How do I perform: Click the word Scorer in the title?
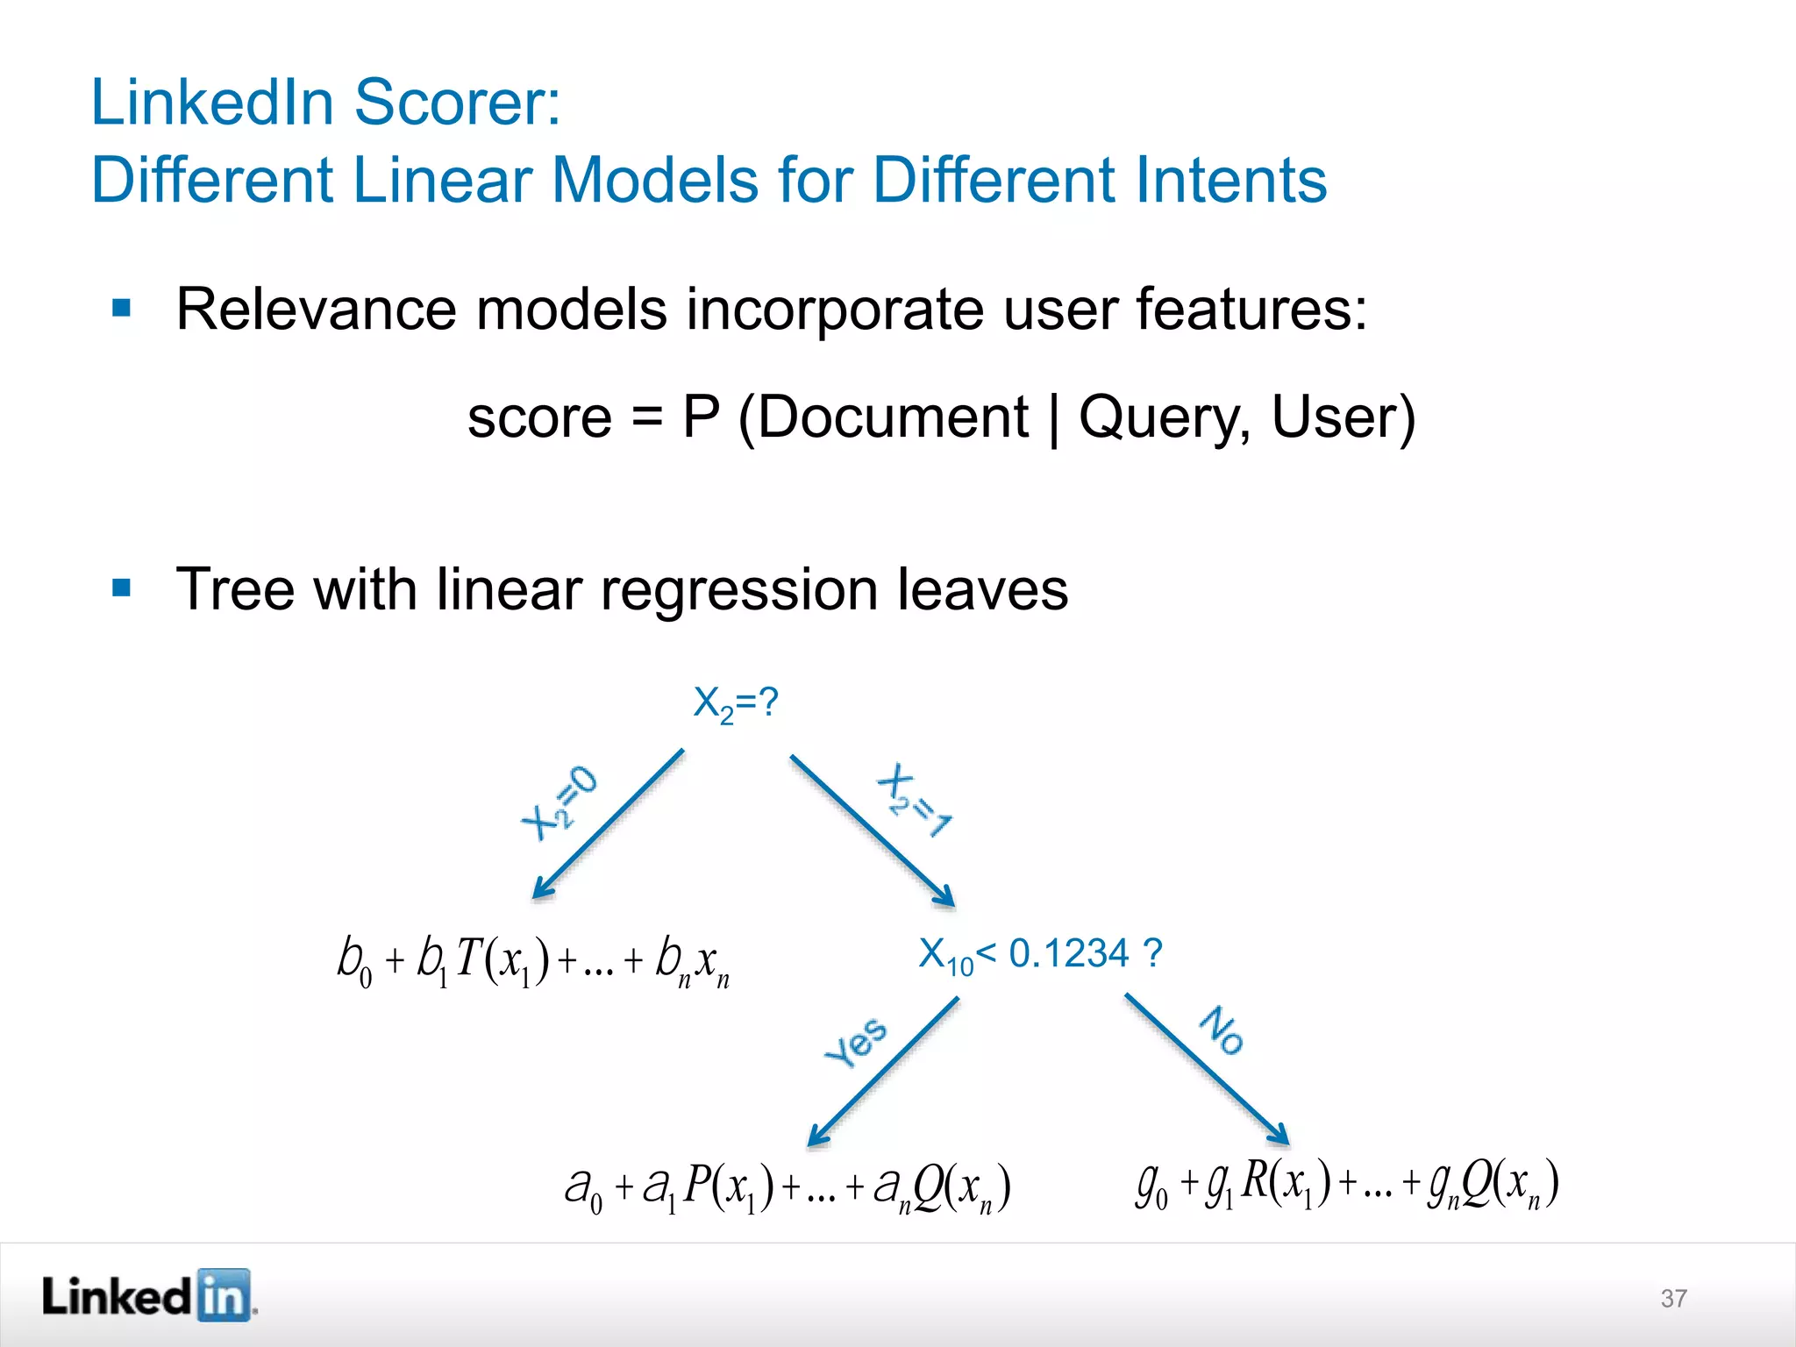pos(457,103)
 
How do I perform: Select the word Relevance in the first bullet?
pos(316,310)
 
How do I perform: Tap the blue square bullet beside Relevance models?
pos(122,308)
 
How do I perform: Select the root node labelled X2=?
pos(735,704)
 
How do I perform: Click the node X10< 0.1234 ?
pos(1040,954)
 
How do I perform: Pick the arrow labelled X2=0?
pos(609,824)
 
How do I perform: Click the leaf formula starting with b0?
pos(533,961)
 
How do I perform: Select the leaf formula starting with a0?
pos(788,1188)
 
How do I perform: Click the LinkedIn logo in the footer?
pos(148,1295)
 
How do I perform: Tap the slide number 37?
pos(1673,1298)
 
